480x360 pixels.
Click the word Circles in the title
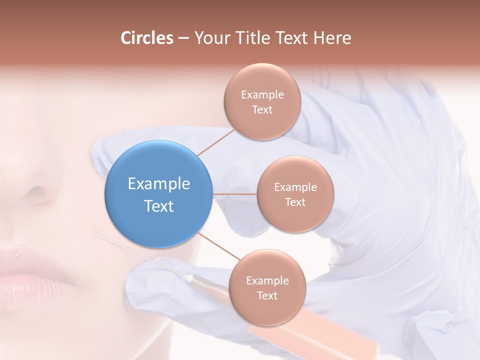146,38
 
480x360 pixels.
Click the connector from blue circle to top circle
216,142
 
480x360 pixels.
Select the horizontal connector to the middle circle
234,194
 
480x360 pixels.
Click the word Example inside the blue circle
158,183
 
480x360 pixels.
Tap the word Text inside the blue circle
158,206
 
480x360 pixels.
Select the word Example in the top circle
262,94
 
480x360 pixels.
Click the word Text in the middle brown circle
295,202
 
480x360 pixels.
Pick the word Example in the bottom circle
267,280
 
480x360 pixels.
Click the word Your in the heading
210,38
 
